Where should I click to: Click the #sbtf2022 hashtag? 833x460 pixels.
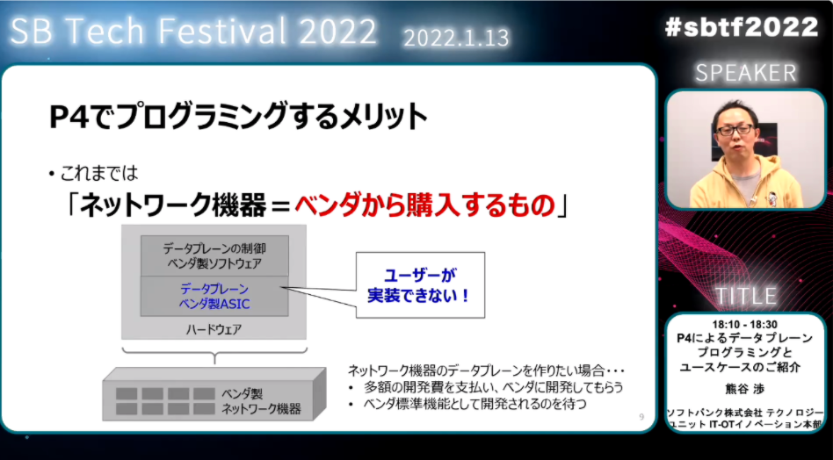[742, 26]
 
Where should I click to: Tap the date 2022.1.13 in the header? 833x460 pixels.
[456, 38]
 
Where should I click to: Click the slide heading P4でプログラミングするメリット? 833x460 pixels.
[238, 118]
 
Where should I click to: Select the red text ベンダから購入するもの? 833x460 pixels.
[424, 205]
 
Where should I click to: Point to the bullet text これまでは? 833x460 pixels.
[99, 172]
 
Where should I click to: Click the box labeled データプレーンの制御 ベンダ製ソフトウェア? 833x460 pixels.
[214, 255]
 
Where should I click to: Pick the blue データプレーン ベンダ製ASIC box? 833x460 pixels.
[214, 296]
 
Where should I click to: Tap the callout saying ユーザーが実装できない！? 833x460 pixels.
[420, 285]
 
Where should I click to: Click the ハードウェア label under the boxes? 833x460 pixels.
[214, 329]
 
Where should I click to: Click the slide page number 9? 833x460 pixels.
[641, 417]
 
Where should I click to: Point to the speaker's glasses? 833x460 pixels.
[735, 129]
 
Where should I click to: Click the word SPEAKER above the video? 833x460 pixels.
[746, 74]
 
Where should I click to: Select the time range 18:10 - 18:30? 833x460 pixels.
[746, 325]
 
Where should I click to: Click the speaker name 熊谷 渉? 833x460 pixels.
[746, 390]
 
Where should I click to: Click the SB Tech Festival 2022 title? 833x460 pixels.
[193, 32]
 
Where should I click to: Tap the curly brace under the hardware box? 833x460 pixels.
[214, 355]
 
